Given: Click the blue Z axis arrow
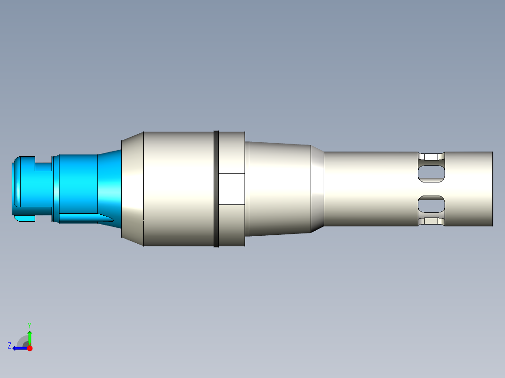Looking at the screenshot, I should pos(19,348).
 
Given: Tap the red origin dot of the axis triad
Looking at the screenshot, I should pos(30,348).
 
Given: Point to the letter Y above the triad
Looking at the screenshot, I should pos(29,324).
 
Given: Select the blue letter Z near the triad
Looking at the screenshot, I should pos(9,345).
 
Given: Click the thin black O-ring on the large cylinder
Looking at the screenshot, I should pos(216,189).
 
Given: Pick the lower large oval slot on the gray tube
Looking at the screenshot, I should pos(431,204).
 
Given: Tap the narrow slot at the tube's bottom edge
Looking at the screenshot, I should pos(431,222).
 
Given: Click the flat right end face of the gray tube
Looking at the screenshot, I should pos(492,189).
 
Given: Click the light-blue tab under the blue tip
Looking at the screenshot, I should pos(23,218).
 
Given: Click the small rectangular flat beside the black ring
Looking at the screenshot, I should pos(231,189).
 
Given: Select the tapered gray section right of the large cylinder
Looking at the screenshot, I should pos(279,189).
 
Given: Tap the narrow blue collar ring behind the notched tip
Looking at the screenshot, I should pos(56,189).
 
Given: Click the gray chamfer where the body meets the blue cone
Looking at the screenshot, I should pos(132,189).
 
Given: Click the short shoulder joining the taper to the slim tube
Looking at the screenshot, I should pos(318,189).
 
